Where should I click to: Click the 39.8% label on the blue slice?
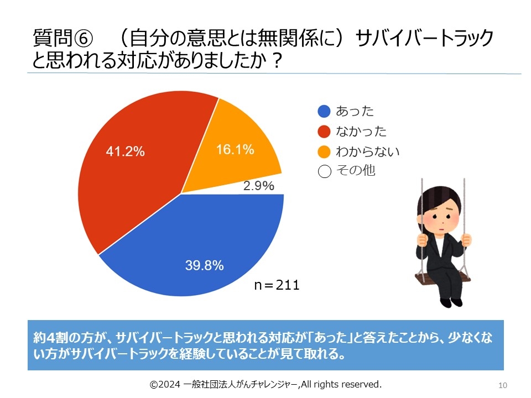204,266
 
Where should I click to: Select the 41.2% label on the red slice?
126,151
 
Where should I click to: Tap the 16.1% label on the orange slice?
235,149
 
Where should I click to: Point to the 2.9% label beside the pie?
259,186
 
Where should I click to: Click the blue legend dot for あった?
324,112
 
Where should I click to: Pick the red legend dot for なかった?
324,132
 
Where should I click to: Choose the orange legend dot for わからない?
324,151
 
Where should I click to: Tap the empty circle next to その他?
324,171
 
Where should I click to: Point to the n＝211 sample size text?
277,285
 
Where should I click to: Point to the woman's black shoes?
450,302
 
